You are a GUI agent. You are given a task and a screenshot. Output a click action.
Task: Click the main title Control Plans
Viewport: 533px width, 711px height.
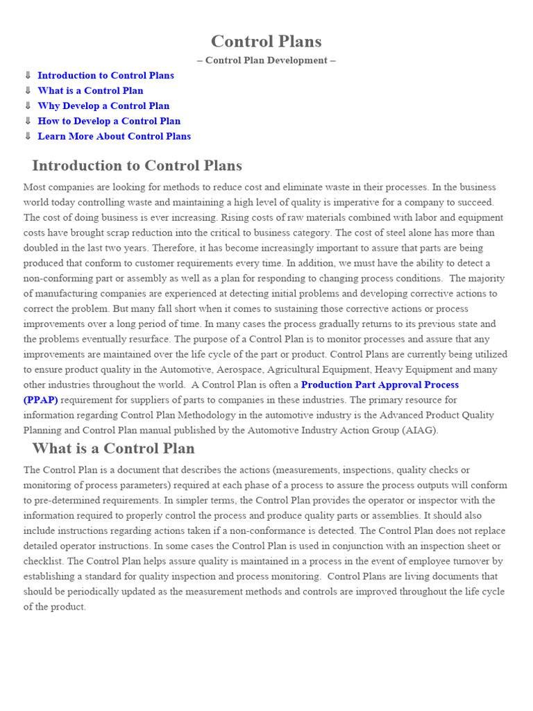[x=266, y=42]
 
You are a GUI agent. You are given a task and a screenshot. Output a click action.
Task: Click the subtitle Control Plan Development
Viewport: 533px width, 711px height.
[x=266, y=60]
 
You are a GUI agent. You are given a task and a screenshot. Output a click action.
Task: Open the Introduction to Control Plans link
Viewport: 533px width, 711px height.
[x=105, y=76]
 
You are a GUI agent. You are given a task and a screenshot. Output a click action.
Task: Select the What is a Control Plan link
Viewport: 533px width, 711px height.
[x=90, y=91]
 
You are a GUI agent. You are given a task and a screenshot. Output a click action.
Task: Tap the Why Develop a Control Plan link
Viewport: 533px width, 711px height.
[x=103, y=106]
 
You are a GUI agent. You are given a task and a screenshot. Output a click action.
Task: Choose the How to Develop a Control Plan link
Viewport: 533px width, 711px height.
[x=109, y=122]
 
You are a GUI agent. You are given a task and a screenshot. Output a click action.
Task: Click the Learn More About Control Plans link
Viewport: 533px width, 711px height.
[x=114, y=137]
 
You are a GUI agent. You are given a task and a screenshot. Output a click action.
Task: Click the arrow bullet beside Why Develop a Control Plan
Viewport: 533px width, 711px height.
[x=28, y=106]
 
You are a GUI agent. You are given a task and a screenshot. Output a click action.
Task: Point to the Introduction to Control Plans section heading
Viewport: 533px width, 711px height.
[x=137, y=166]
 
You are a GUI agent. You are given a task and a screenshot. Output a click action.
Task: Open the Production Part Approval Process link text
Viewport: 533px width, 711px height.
[x=380, y=385]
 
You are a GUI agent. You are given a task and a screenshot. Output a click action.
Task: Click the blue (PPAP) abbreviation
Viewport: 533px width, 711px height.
[x=40, y=400]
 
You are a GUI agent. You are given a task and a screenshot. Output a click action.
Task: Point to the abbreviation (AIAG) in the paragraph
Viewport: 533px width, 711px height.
[x=419, y=430]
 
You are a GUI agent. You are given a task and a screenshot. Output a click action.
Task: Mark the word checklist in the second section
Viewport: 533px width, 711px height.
[x=43, y=561]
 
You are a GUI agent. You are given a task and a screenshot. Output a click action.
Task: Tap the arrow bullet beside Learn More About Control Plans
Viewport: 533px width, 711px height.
[x=28, y=137]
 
